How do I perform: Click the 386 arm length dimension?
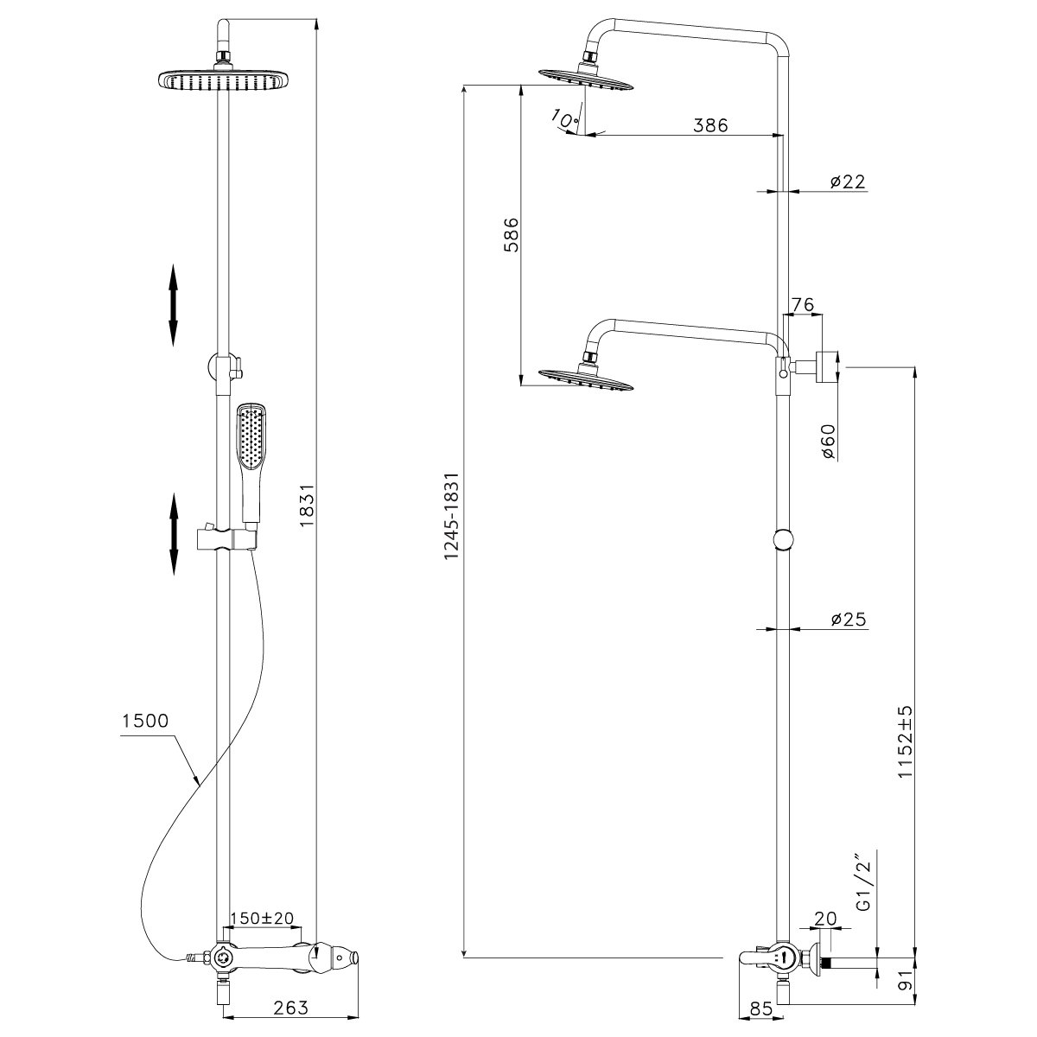[711, 124]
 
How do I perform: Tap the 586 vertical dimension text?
[510, 233]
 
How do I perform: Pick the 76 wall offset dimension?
[804, 304]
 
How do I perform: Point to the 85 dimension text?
[761, 1008]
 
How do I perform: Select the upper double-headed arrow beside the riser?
[172, 304]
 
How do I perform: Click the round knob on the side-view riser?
[783, 539]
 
